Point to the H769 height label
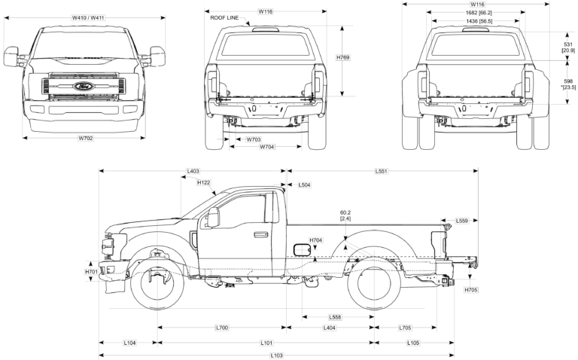pyautogui.click(x=343, y=58)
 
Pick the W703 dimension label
pyautogui.click(x=253, y=139)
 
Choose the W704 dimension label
pyautogui.click(x=267, y=147)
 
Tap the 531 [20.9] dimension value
pyautogui.click(x=569, y=47)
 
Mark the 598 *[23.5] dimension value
pyautogui.click(x=569, y=84)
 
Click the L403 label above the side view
pyautogui.click(x=193, y=172)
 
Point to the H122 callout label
pyautogui.click(x=203, y=182)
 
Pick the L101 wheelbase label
pyautogui.click(x=266, y=343)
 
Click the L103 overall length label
pyautogui.click(x=276, y=355)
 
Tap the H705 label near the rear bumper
pyautogui.click(x=471, y=289)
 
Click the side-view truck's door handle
pyautogui.click(x=260, y=234)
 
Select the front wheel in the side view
pyautogui.click(x=157, y=285)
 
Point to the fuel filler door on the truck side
pyautogui.click(x=300, y=249)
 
